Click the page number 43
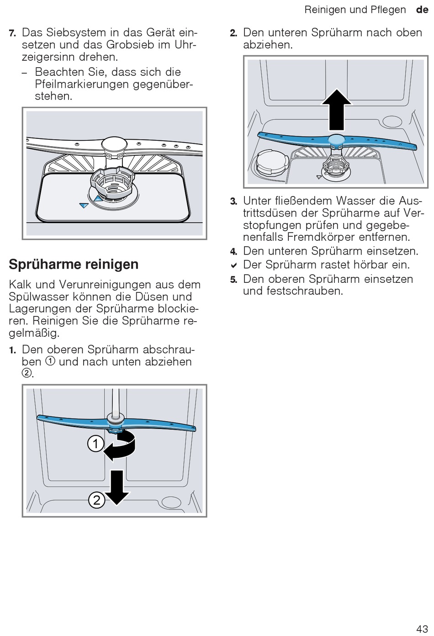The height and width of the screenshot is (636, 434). tap(422, 628)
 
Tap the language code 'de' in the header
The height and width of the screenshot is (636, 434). tap(422, 10)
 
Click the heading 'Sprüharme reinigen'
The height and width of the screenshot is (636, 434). tap(74, 264)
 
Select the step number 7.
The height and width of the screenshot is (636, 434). tap(12, 33)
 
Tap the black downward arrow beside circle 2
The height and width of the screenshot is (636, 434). tap(117, 487)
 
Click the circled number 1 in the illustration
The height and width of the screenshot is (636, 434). tap(95, 444)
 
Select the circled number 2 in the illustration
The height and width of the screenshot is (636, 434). tap(96, 500)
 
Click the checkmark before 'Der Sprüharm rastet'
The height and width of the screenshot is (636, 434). tap(233, 265)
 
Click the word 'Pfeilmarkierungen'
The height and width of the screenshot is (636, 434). tap(81, 84)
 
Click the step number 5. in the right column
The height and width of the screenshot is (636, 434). tap(233, 280)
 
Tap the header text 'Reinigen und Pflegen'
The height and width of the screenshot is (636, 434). tap(355, 10)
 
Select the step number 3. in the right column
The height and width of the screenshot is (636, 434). tap(233, 201)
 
